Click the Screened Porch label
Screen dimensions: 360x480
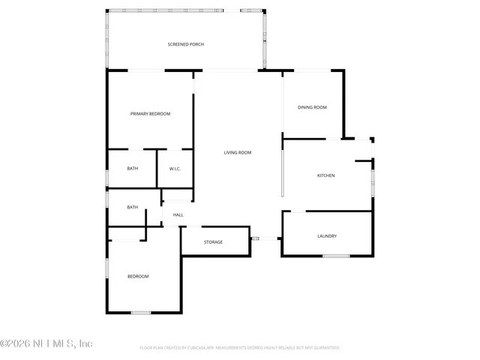click(185, 44)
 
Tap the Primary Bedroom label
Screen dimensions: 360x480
click(150, 114)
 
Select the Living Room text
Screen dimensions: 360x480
click(237, 153)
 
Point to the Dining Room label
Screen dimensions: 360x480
click(312, 108)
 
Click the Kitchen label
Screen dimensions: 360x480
click(325, 175)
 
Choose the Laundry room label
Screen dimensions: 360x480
click(326, 236)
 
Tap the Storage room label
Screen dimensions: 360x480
click(213, 242)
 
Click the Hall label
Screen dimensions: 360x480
click(178, 215)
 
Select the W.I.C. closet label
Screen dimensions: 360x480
click(175, 169)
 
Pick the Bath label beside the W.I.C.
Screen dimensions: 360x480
click(132, 169)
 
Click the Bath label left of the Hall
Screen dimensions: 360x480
click(132, 207)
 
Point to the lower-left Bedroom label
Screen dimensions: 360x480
click(137, 277)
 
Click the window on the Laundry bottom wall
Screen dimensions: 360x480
click(336, 256)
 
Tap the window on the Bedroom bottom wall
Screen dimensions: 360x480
click(141, 312)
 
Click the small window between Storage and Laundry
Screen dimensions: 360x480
click(255, 238)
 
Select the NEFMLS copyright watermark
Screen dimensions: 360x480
click(46, 343)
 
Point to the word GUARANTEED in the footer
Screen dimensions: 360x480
click(323, 348)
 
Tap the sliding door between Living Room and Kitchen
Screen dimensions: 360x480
click(283, 175)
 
